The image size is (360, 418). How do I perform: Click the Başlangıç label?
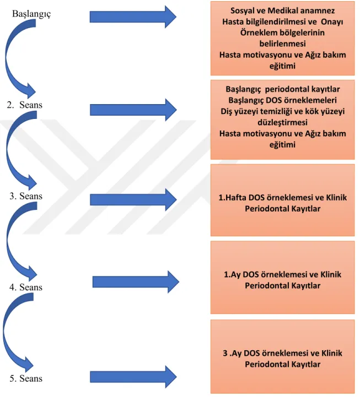point(31,14)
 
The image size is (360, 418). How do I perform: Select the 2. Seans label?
point(25,105)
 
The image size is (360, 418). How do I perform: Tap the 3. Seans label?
point(26,196)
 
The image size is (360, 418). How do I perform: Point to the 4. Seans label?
point(26,287)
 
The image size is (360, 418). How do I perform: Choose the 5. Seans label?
point(26,378)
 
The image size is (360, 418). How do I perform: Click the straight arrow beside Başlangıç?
point(133,17)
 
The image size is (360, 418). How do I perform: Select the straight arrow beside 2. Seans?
point(133,110)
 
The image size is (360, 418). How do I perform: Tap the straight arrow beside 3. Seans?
point(133,200)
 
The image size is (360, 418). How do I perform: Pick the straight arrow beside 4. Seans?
point(136,282)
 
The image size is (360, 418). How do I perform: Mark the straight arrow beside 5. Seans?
point(133,377)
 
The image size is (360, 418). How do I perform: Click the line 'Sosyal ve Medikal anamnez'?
point(282,10)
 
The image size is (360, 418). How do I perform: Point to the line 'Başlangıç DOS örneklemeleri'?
point(282,100)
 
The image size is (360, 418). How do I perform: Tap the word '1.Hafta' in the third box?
point(232,198)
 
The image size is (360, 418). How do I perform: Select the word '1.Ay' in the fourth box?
point(232,275)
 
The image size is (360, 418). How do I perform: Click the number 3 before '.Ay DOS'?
point(225,353)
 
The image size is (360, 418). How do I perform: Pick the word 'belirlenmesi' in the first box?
point(282,44)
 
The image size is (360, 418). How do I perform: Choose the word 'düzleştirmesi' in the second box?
point(282,122)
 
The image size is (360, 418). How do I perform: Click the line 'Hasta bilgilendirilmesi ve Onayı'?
point(282,21)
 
